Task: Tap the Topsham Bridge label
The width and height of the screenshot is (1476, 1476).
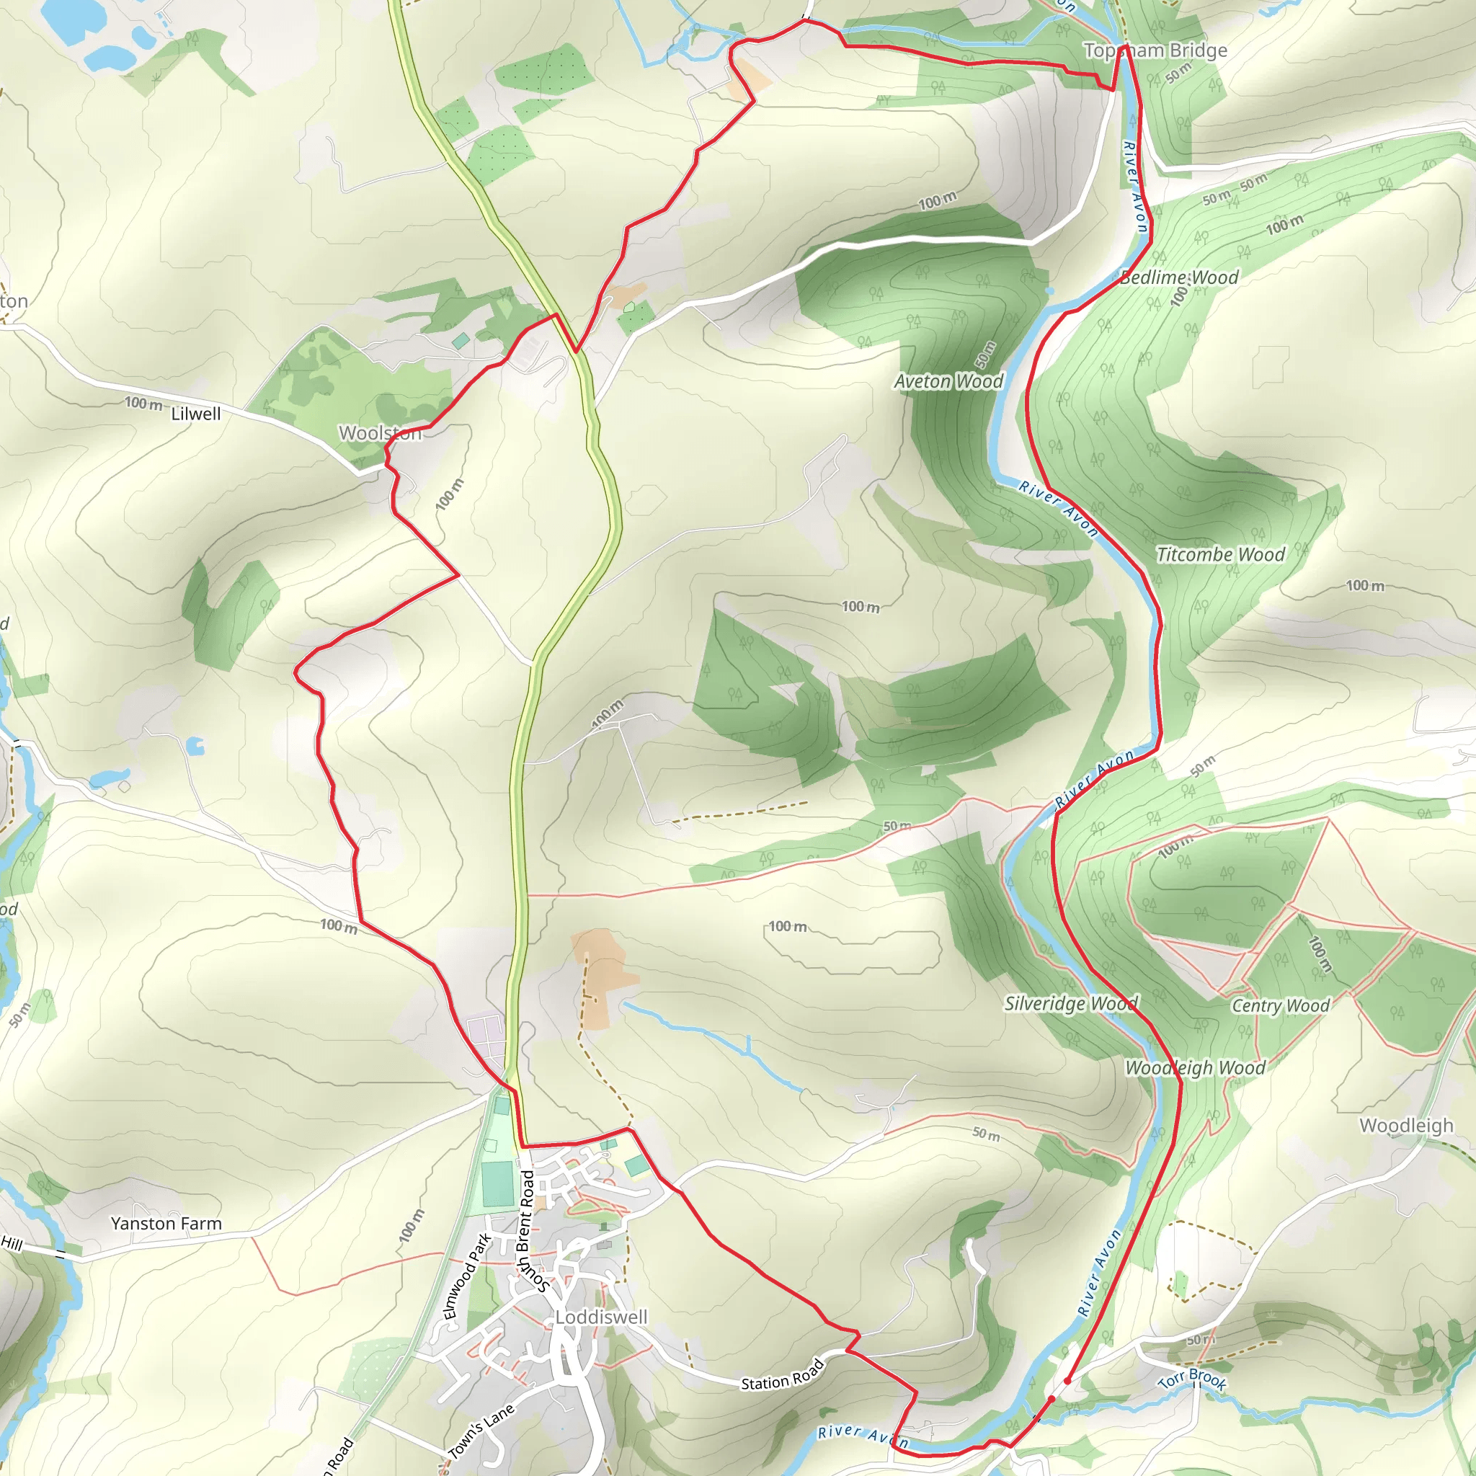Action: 1156,50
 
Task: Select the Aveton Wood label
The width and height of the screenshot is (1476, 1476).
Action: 949,381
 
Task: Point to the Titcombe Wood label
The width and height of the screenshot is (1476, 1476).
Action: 1221,555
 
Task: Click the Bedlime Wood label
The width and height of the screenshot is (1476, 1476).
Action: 1180,278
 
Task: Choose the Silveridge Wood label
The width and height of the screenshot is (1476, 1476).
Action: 1071,1003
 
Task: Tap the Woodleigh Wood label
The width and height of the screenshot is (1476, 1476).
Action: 1196,1068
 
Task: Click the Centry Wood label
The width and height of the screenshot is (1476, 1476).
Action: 1281,1005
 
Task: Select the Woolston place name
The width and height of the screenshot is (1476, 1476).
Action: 380,433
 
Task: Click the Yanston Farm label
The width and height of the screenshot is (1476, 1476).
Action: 166,1224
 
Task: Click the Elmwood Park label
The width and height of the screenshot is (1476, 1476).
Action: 468,1276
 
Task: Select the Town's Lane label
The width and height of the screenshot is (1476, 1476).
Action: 481,1431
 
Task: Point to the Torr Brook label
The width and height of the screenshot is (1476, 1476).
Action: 1193,1379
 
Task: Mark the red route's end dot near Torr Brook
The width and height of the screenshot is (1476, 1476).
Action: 1067,1380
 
